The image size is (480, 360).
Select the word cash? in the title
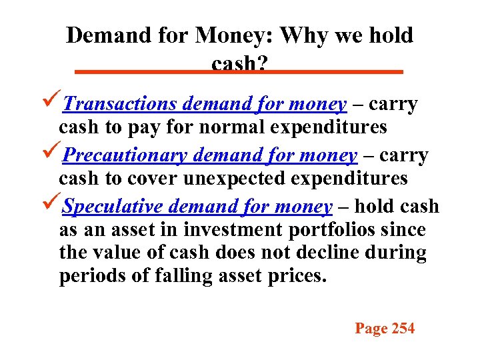pyautogui.click(x=239, y=63)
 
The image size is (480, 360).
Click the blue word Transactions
pyautogui.click(x=121, y=105)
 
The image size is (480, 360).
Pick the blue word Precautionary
pyautogui.click(x=125, y=155)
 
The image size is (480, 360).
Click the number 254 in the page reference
pyautogui.click(x=403, y=328)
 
